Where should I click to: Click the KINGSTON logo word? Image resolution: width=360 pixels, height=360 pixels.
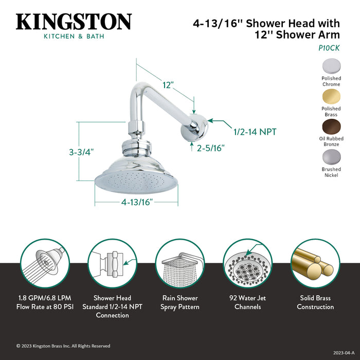[x=74, y=22]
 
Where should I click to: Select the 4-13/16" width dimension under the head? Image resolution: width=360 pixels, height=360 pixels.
[x=137, y=202]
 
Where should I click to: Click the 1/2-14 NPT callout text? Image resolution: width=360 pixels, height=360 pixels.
[x=255, y=132]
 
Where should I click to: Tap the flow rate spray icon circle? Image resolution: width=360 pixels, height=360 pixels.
[x=44, y=263]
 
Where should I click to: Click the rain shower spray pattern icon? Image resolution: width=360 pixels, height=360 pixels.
[x=180, y=263]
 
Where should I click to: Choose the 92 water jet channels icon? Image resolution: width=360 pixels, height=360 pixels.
[x=247, y=263]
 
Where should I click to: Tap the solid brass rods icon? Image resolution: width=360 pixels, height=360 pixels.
[x=315, y=263]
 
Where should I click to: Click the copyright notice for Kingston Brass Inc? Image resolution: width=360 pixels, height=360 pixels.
[x=63, y=346]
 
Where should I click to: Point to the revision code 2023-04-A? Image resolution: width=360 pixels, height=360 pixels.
[x=343, y=353]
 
